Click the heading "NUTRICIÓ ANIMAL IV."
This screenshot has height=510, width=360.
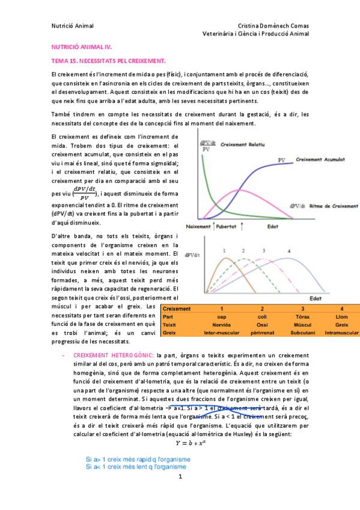[82, 46]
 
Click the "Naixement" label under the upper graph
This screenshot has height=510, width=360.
[198, 227]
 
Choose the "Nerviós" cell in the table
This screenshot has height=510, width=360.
[222, 324]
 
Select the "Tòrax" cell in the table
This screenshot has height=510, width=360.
[302, 316]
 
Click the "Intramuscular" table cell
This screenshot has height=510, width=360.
[341, 332]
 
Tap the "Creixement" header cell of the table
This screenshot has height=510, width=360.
[177, 309]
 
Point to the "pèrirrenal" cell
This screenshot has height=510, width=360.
[262, 332]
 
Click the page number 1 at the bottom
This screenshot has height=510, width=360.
[180, 476]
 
